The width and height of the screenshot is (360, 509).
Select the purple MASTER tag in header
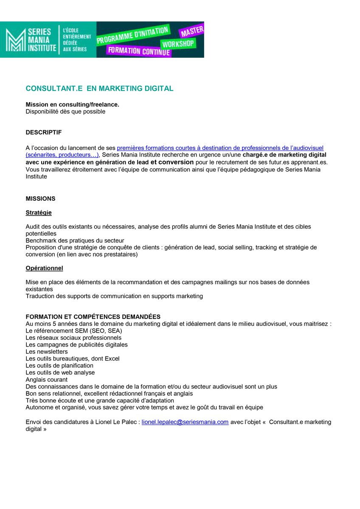[x=192, y=31]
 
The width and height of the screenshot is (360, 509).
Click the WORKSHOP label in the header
[x=177, y=44]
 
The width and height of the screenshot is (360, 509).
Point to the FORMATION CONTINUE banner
[x=139, y=51]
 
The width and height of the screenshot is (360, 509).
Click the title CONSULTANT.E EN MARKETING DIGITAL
[x=99, y=89]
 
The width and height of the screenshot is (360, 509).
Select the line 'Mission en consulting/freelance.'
[x=72, y=104]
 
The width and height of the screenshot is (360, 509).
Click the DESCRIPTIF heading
[x=43, y=132]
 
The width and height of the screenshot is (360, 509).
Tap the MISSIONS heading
[x=40, y=199]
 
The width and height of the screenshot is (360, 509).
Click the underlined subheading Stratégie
[x=39, y=213]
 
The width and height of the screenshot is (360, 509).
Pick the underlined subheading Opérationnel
[x=44, y=268]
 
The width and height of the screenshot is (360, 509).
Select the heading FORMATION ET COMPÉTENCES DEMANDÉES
[x=93, y=317]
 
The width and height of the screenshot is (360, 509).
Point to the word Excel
[x=112, y=358]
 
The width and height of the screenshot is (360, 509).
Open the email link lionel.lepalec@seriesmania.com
[x=185, y=422]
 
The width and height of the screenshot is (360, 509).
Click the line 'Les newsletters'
[x=46, y=352]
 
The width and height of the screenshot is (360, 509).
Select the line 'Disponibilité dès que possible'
[x=65, y=112]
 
